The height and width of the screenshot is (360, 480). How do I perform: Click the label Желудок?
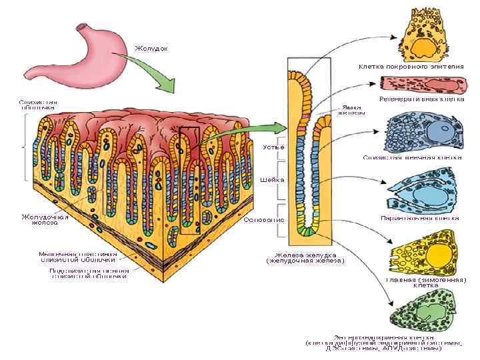point(151,49)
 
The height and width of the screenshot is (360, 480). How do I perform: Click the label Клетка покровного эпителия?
point(411,66)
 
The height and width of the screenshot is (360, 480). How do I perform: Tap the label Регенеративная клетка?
point(421,99)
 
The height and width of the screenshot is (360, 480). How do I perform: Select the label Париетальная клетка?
point(419,218)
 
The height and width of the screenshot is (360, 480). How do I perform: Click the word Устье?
point(273,147)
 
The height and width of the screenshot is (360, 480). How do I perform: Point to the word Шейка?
point(273,180)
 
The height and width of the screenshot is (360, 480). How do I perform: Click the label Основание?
point(265,219)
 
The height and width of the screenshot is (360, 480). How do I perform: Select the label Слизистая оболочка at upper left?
point(37,105)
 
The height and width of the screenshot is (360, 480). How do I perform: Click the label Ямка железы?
point(351,109)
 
